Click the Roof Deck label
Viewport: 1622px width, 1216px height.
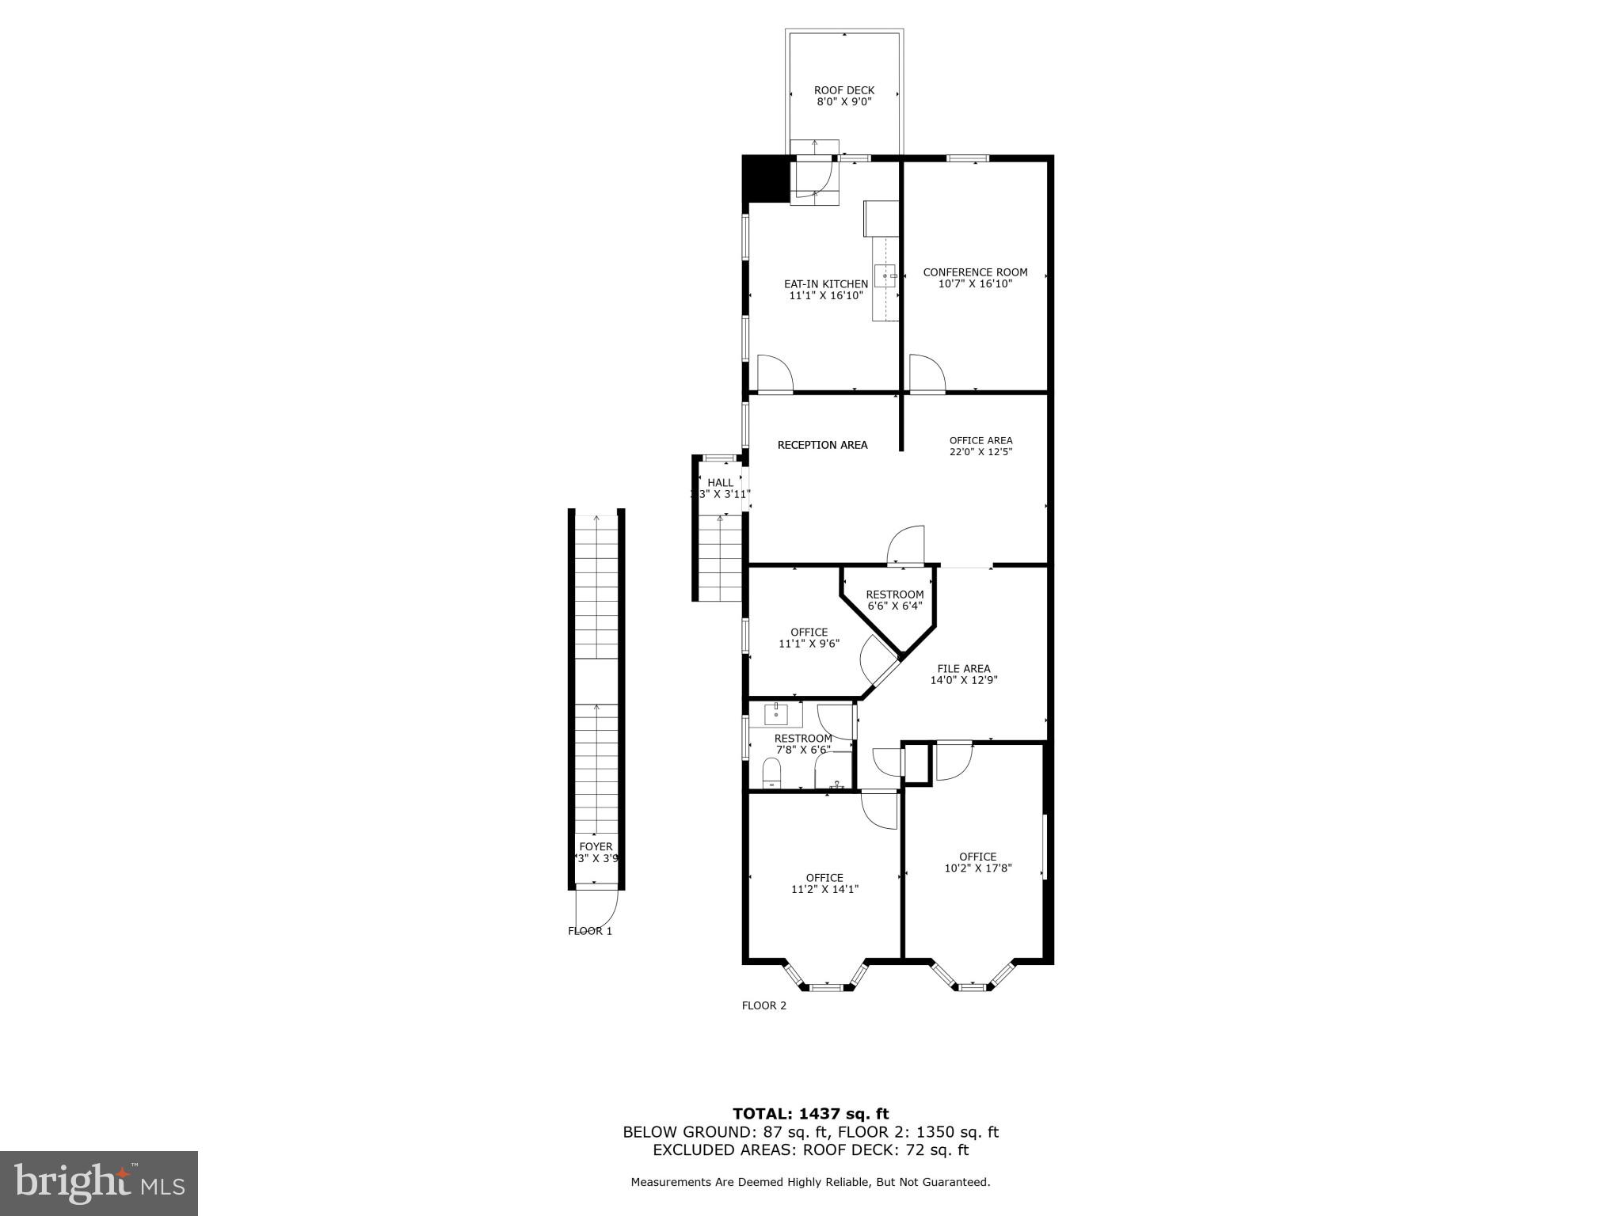[x=843, y=90]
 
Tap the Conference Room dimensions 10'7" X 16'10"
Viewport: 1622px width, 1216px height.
[x=975, y=283]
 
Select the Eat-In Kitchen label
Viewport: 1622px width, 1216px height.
[x=825, y=284]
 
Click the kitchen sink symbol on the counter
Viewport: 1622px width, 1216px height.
[x=885, y=275]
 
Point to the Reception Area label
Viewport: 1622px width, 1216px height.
[x=822, y=445]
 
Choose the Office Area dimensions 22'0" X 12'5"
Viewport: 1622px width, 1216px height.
[x=980, y=452]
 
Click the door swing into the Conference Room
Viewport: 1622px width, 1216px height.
[x=926, y=374]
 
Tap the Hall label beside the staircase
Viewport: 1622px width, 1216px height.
[x=720, y=483]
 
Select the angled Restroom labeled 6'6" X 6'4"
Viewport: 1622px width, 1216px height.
[x=894, y=600]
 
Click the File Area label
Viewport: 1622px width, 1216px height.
[x=963, y=668]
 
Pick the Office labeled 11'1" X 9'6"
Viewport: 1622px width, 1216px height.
[x=809, y=638]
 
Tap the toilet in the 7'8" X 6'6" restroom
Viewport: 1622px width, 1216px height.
[x=771, y=773]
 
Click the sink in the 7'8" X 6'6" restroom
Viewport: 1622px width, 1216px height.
[x=776, y=715]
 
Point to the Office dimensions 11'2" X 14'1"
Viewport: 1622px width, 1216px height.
[x=824, y=889]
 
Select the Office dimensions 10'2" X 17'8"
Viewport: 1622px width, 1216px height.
[x=977, y=868]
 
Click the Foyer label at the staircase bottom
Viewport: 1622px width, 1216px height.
[x=596, y=847]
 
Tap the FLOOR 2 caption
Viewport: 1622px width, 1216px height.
[x=763, y=1006]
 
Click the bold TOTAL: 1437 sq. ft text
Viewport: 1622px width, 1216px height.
[x=810, y=1114]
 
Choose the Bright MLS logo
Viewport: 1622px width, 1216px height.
[x=98, y=1183]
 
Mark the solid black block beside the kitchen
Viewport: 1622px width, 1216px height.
[x=765, y=180]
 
